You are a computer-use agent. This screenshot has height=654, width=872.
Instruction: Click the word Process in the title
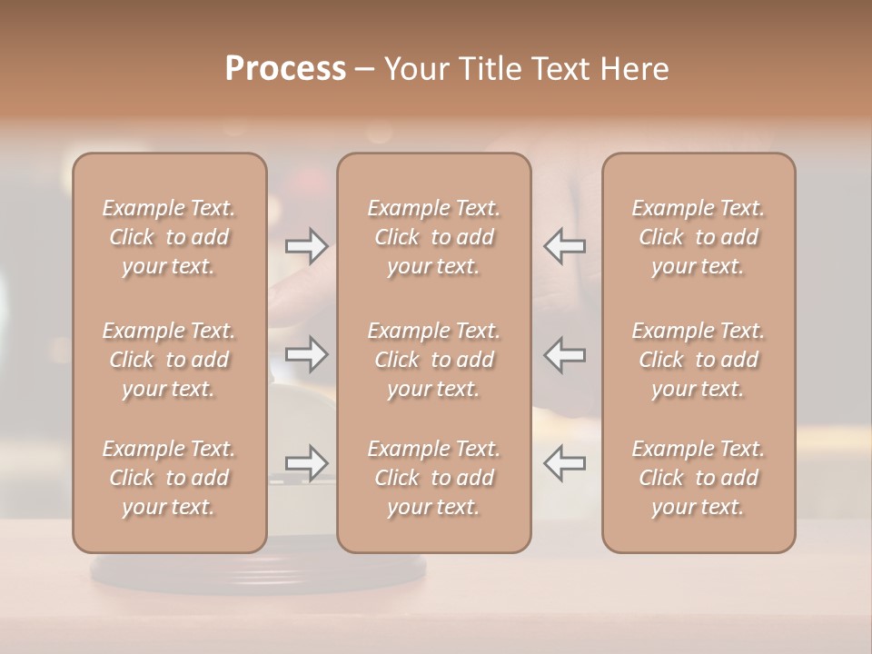pyautogui.click(x=285, y=69)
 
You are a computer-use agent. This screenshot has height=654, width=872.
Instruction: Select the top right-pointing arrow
pyautogui.click(x=307, y=245)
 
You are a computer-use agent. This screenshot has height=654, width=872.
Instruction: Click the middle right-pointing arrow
pyautogui.click(x=307, y=354)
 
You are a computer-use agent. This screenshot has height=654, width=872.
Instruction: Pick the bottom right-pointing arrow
pyautogui.click(x=307, y=463)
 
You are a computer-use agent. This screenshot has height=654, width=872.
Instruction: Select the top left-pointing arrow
pyautogui.click(x=564, y=245)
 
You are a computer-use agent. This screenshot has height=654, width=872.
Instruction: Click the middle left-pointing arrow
pyautogui.click(x=564, y=354)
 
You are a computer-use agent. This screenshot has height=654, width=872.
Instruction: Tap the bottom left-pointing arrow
pyautogui.click(x=564, y=463)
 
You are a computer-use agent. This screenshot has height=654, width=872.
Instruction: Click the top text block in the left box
pyautogui.click(x=169, y=237)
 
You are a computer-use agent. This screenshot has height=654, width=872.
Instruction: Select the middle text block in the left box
pyautogui.click(x=169, y=360)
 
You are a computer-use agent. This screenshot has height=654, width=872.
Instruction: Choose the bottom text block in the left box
pyautogui.click(x=169, y=478)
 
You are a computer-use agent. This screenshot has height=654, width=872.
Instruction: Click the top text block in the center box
pyautogui.click(x=434, y=237)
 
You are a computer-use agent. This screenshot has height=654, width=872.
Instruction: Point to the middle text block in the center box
pyautogui.click(x=434, y=360)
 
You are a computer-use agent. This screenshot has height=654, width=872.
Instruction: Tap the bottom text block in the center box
pyautogui.click(x=434, y=478)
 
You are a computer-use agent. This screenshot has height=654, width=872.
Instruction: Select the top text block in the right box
pyautogui.click(x=699, y=237)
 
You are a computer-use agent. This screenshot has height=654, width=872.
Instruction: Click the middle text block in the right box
pyautogui.click(x=699, y=360)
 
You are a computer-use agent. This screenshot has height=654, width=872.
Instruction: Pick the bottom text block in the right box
pyautogui.click(x=699, y=478)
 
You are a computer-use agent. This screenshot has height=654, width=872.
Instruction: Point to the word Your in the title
pyautogui.click(x=414, y=69)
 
